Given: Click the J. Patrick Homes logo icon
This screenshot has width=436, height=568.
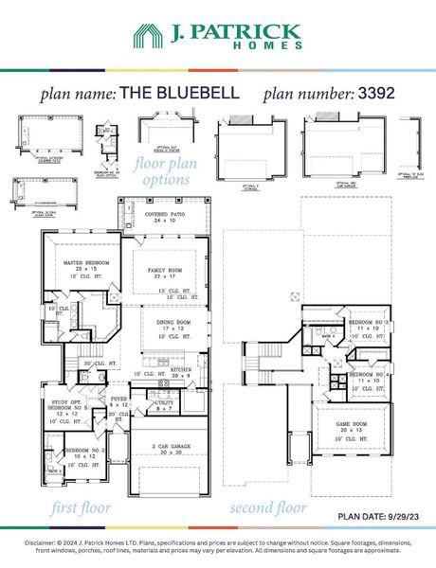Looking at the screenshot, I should (149, 38).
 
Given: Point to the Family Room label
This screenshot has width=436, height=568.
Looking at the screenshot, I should (170, 271).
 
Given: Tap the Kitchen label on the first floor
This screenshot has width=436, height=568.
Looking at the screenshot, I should (182, 369).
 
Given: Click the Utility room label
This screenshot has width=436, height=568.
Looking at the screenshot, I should (165, 403).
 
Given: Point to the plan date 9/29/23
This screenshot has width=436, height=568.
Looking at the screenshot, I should (377, 516).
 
